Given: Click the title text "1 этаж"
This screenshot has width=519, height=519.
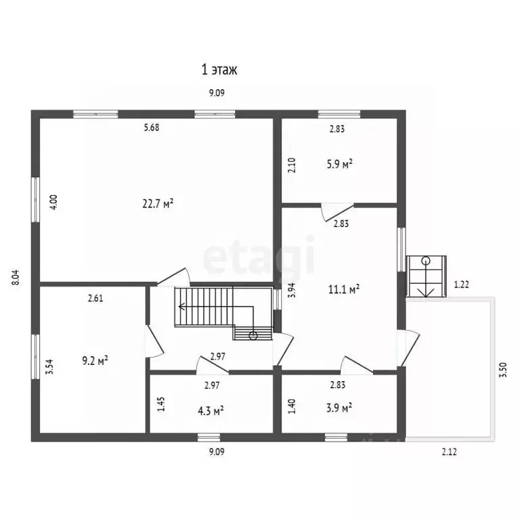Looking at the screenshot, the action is coord(220,70).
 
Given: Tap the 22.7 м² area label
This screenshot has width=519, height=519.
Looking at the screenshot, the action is coord(158,203).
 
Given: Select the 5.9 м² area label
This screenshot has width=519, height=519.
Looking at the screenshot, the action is coord(339,164).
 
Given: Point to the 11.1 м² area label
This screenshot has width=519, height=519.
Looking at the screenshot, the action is coord(344,289).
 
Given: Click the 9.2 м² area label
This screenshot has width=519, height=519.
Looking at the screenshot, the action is coord(95,360).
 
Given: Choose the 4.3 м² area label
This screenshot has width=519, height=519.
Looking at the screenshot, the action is coord(211,411).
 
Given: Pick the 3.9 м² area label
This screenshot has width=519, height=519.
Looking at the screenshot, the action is coord(339,407).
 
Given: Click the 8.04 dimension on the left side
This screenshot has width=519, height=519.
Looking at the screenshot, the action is coord(16,277).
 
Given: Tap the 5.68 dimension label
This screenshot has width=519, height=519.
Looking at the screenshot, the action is coord(151,128).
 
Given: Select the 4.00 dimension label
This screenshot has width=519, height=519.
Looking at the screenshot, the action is coord(54,201).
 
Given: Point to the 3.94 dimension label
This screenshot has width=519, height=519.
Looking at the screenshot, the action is coord(292,291).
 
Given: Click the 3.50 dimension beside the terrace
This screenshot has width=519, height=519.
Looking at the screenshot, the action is coord(503,370).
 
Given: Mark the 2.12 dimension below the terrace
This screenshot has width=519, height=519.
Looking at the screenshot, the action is coord(449,452).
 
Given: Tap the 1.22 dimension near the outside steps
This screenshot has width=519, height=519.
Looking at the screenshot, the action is coord(461,285).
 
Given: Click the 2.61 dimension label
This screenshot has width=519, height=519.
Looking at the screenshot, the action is coord(95,299).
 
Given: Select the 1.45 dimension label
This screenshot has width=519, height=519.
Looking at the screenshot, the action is coord(162,404).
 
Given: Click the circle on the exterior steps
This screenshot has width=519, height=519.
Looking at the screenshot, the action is coord(426,260).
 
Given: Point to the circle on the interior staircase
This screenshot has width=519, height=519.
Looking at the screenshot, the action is coord(253,336).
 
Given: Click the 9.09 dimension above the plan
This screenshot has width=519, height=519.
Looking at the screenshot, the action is coord(217,93).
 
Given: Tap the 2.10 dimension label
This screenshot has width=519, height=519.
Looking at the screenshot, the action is coord(292,165).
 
